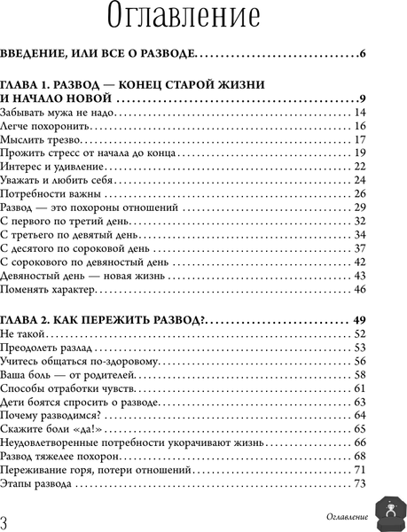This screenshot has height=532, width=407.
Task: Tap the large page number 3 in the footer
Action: [x=8, y=519]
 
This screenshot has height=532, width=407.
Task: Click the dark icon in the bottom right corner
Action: [x=387, y=512]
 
